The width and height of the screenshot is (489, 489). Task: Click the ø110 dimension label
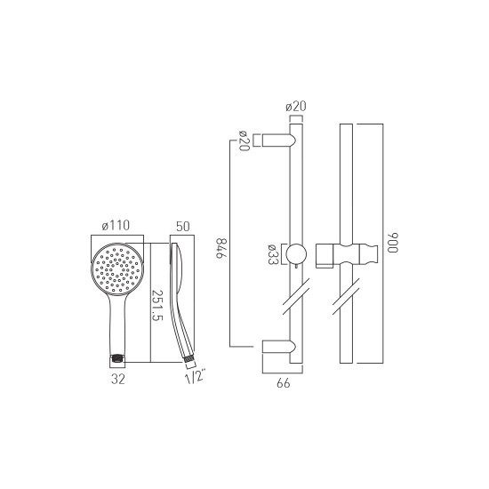click(116, 226)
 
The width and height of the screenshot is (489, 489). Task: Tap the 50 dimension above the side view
click(183, 227)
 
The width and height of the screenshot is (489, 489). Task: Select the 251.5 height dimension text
click(156, 306)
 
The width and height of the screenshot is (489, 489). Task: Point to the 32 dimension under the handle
click(118, 380)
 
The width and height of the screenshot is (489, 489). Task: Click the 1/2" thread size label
click(196, 376)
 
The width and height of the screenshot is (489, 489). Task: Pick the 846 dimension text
click(221, 248)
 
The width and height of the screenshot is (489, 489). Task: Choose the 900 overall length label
click(393, 243)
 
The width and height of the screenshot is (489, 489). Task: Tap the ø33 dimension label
click(273, 254)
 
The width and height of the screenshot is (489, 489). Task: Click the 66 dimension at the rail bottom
click(283, 383)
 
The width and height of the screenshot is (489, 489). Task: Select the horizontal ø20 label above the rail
click(296, 107)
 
